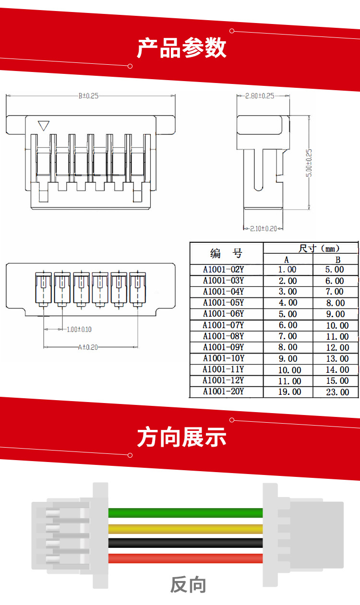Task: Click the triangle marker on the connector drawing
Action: [x=44, y=125]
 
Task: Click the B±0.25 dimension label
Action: [x=88, y=96]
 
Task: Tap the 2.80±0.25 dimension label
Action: [x=260, y=96]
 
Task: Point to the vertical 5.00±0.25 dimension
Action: [x=309, y=163]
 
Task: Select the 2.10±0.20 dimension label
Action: [x=264, y=229]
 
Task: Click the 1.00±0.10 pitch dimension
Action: [x=79, y=330]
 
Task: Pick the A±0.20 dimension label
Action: [x=88, y=347]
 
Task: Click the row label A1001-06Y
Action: [x=224, y=314]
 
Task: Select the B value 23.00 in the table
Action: [x=337, y=392]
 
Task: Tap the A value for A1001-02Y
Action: [x=288, y=270]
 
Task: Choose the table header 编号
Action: [x=226, y=253]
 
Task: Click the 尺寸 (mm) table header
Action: [x=319, y=249]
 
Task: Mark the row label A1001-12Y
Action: [x=224, y=380]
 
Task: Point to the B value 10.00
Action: [x=337, y=325]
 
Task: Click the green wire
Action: [x=185, y=512]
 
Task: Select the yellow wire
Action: [x=185, y=529]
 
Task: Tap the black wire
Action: [x=185, y=543]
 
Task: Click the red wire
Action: [x=185, y=558]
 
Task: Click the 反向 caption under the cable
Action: [x=188, y=585]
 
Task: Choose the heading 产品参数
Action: [x=181, y=48]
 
